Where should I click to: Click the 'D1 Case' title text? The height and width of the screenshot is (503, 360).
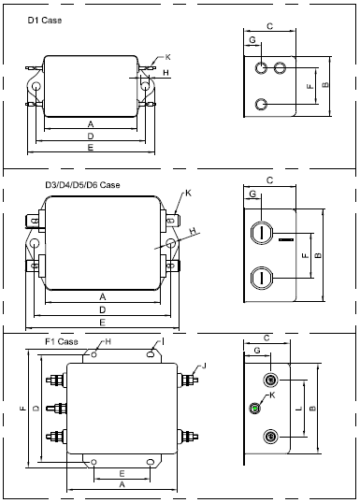[x=45, y=21]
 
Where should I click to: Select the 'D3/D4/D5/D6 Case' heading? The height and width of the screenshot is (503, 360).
[x=82, y=185]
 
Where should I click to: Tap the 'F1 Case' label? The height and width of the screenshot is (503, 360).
[x=62, y=341]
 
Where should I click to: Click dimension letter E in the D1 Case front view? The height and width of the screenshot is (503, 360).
[x=91, y=148]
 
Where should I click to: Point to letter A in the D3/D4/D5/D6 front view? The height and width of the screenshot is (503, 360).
[x=102, y=296]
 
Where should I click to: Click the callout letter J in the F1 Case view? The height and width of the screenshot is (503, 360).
[x=204, y=366]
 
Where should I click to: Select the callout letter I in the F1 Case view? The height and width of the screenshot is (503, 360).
[x=163, y=342]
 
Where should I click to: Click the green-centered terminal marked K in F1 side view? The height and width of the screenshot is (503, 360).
[x=255, y=408]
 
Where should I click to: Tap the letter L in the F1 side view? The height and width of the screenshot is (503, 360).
[x=298, y=409]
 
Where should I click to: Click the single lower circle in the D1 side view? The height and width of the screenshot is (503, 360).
[x=261, y=105]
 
